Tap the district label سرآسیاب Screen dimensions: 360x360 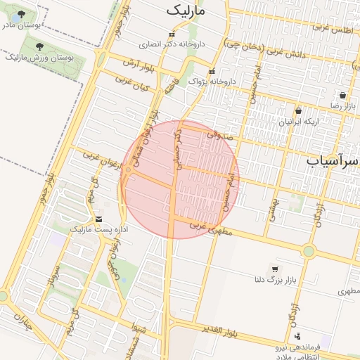[333, 162]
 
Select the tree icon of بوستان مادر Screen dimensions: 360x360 [20, 15]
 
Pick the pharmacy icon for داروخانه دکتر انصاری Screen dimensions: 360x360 [171, 34]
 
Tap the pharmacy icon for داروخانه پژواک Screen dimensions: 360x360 [212, 72]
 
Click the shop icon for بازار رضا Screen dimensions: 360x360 [342, 96]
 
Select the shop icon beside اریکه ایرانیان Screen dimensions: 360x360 [299, 111]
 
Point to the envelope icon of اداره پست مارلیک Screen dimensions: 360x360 [98, 219]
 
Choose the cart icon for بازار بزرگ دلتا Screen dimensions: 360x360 [274, 269]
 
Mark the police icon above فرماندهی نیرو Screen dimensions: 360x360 [297, 336]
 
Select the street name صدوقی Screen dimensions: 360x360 [219, 133]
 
